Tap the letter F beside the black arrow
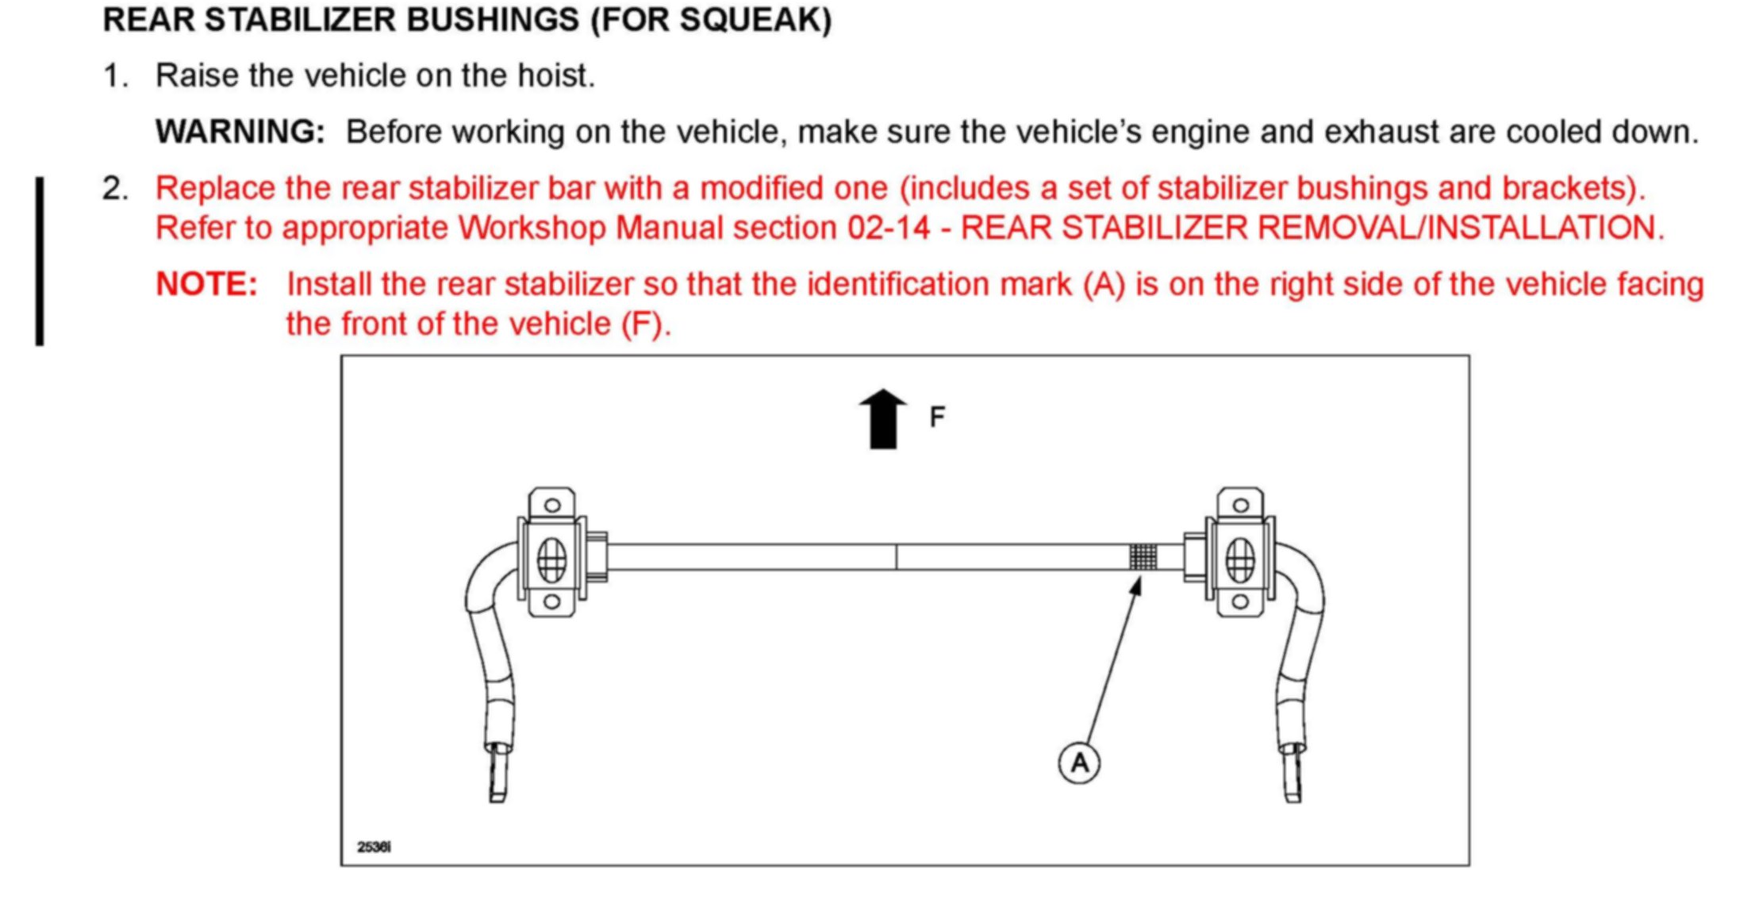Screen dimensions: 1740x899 tap(937, 417)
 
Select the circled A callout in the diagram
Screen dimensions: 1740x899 tap(1079, 763)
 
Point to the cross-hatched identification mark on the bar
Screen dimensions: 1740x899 tap(1143, 556)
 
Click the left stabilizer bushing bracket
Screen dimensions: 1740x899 tap(552, 553)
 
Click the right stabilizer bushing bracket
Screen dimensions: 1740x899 tap(1240, 553)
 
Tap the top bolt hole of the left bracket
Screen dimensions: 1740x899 tap(552, 505)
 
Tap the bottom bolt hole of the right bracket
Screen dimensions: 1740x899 tap(1240, 602)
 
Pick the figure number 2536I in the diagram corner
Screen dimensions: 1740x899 tap(374, 847)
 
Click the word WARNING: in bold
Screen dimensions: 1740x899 tap(240, 132)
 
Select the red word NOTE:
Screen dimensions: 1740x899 tap(206, 284)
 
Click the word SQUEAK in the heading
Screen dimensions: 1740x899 tap(754, 20)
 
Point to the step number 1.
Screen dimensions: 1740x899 tap(115, 76)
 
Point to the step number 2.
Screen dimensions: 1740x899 tap(115, 189)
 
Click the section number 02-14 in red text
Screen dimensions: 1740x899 tap(888, 229)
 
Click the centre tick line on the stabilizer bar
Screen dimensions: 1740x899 tap(897, 556)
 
